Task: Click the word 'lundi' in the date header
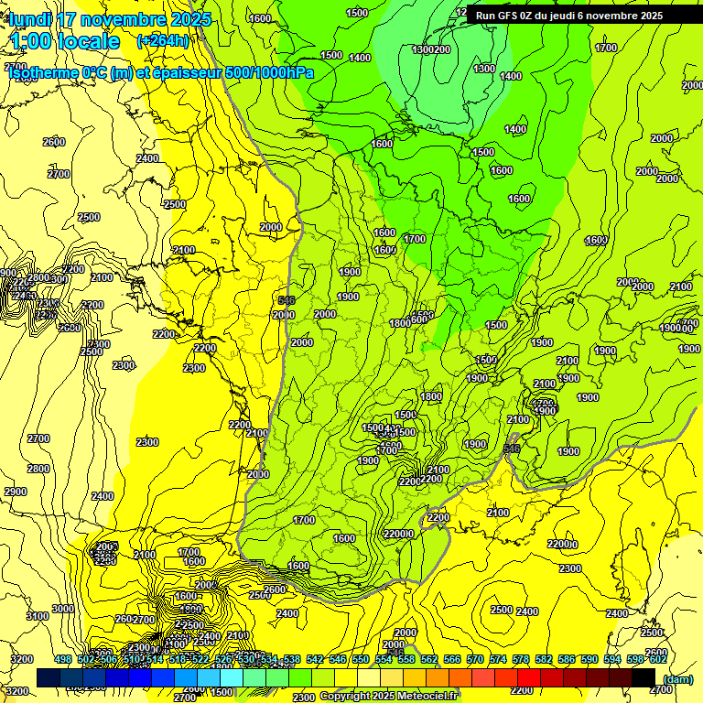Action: [x=31, y=19]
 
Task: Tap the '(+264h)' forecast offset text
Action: [x=162, y=40]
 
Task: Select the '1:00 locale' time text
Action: [x=64, y=41]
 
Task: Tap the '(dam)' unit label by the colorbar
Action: [x=676, y=678]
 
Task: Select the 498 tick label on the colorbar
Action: [x=63, y=659]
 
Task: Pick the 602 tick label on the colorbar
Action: [x=656, y=659]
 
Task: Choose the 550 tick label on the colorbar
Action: [x=360, y=659]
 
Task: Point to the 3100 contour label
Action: [x=38, y=616]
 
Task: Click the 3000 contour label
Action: [x=63, y=609]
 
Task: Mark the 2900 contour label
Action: [x=16, y=492]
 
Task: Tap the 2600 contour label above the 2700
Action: [x=54, y=142]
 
